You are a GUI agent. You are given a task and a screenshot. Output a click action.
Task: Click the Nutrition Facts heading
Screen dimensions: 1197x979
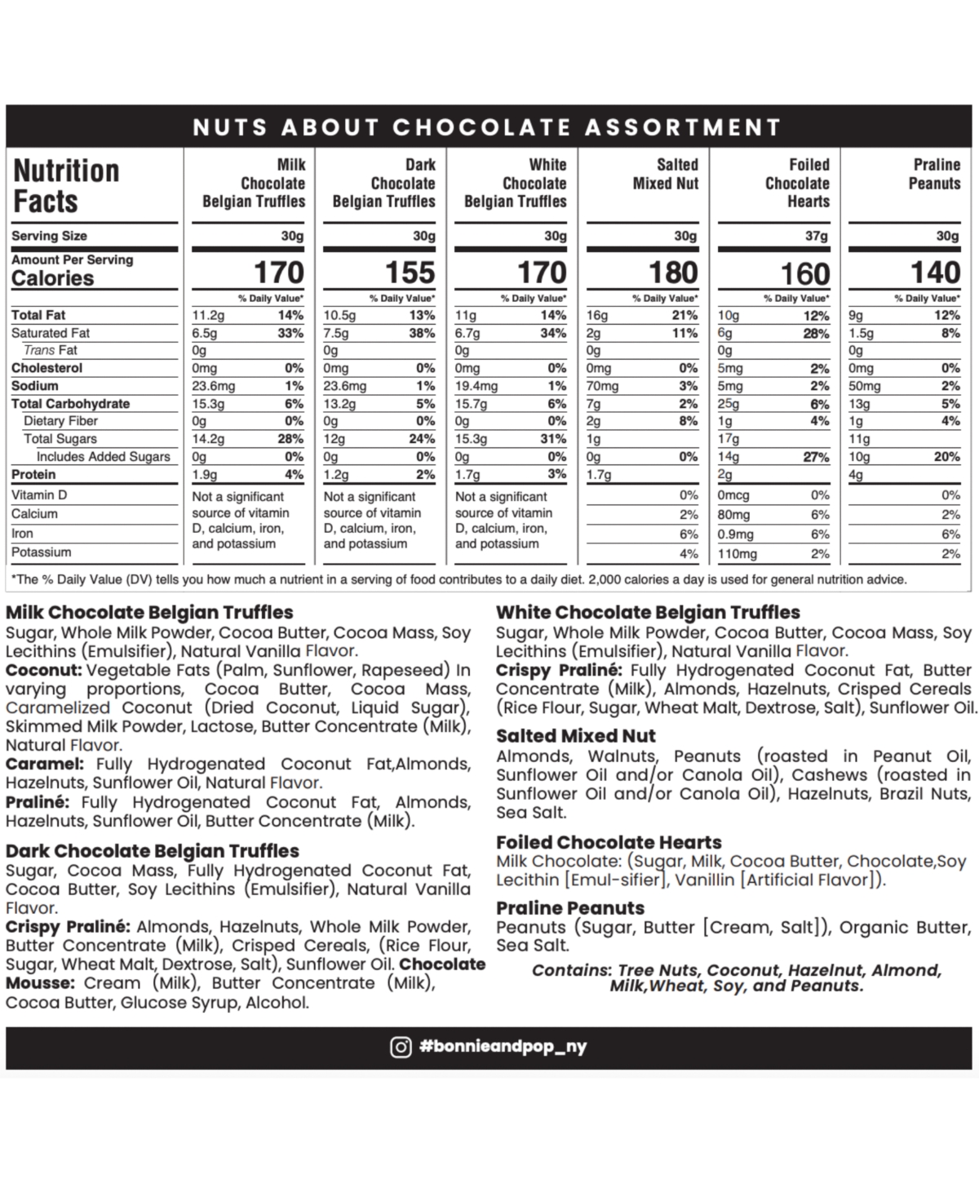pos(66,186)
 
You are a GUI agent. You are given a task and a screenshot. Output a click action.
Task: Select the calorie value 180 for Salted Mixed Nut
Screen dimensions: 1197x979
pos(673,273)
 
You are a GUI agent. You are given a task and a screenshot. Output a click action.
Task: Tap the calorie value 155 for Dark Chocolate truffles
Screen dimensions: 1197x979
pos(410,273)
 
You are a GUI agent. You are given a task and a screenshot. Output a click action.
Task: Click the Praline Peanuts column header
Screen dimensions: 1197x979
pos(934,174)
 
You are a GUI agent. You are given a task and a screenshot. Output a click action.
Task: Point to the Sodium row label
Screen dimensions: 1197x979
pos(35,386)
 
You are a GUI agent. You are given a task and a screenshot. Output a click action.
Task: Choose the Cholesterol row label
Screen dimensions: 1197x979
pos(47,368)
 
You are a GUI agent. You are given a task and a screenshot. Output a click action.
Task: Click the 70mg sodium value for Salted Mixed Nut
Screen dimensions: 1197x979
pos(603,386)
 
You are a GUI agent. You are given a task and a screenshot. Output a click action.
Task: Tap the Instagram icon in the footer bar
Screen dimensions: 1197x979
pos(401,1047)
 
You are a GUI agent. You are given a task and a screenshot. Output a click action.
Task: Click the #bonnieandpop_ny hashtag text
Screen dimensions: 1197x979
pos(503,1047)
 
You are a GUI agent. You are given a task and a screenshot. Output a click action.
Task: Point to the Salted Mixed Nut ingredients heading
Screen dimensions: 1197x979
pos(575,735)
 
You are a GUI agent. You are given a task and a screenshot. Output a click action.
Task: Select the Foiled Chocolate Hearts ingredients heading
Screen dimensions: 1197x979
pos(609,842)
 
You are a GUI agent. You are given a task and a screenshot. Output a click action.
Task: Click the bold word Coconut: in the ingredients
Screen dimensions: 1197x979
pos(44,670)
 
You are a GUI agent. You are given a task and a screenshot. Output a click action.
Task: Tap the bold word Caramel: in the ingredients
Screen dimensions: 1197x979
pos(44,764)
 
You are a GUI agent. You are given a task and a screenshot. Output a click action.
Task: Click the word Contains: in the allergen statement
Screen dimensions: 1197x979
pos(571,970)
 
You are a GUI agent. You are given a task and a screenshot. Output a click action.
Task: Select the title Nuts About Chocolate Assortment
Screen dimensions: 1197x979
pos(487,127)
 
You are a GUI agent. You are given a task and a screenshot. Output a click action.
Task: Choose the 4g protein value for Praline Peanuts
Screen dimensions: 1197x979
pos(856,475)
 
